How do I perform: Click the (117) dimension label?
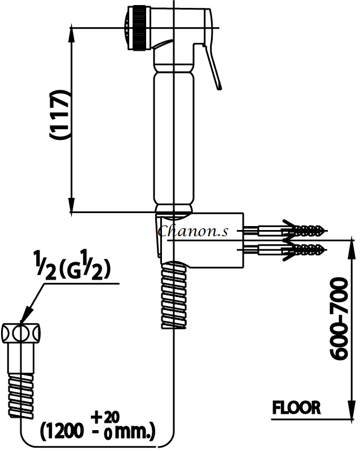(60, 115)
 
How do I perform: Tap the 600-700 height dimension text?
(339, 319)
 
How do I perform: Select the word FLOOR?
(296, 408)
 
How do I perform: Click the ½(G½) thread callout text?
(72, 265)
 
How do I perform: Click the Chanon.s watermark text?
(193, 231)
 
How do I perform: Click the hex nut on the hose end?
(21, 333)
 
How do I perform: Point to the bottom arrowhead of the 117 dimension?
(71, 205)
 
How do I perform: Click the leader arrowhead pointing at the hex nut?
(26, 316)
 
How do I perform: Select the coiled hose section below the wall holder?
(174, 295)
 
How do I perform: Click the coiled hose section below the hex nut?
(21, 395)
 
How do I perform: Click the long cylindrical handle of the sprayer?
(174, 138)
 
